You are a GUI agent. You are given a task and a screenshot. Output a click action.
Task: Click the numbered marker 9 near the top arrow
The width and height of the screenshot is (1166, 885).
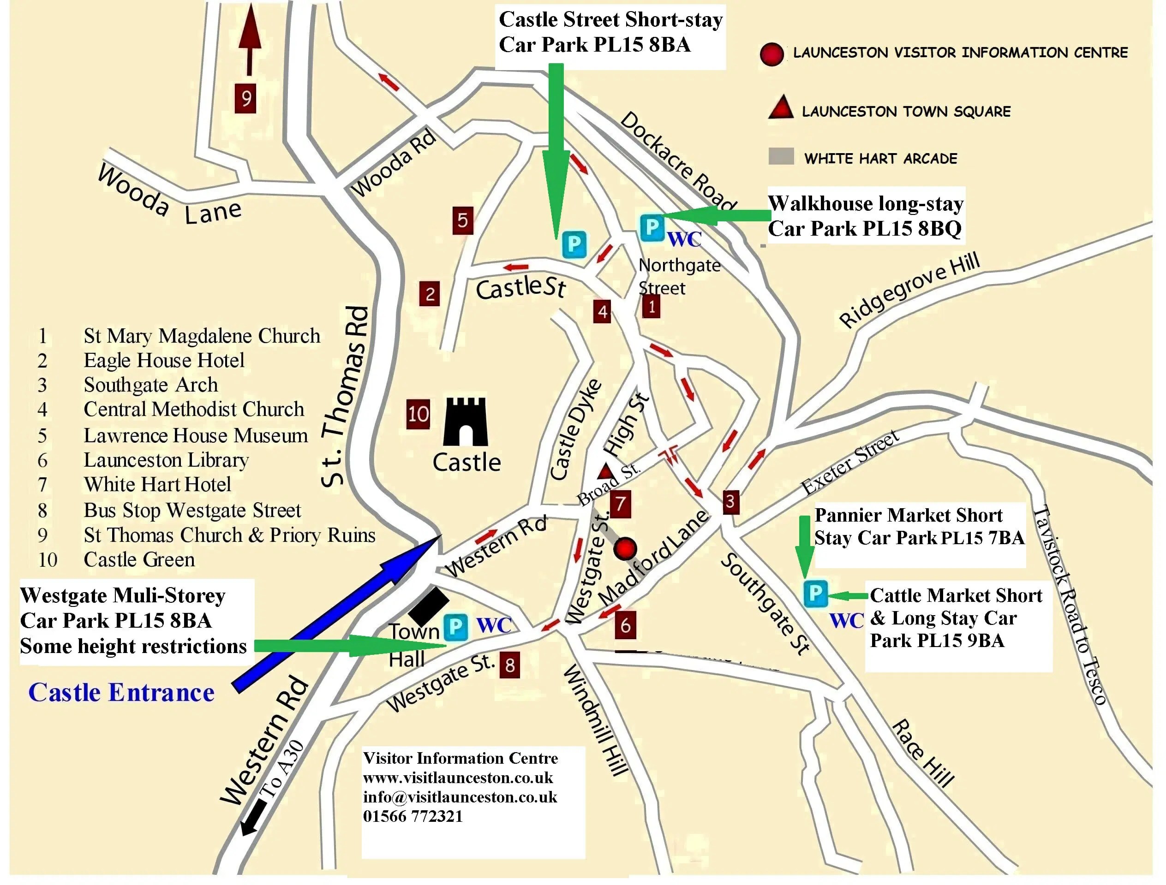coord(245,99)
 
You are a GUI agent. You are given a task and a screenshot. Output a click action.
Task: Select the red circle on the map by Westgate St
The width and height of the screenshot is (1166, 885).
coord(625,548)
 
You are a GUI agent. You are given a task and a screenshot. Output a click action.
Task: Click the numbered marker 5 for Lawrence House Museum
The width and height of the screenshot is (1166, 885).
coord(462,220)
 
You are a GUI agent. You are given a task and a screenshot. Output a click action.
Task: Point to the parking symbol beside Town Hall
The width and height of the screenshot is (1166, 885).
coord(455,627)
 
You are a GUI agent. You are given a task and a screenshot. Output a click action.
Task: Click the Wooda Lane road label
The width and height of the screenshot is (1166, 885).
coord(170,196)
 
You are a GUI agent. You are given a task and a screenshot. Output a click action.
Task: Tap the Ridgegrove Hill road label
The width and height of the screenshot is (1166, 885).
coord(909,290)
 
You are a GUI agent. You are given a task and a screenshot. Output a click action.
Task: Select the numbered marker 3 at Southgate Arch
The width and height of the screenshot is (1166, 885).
coord(730,501)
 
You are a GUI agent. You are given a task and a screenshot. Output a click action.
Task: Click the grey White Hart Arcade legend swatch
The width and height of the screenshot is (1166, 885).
coord(781,156)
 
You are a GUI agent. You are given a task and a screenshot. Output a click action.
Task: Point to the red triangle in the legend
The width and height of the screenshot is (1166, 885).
coord(781,107)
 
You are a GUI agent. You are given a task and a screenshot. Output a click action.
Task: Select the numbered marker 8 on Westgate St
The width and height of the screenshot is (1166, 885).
coord(510,665)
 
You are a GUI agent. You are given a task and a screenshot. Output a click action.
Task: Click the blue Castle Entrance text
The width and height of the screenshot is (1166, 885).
coord(121,693)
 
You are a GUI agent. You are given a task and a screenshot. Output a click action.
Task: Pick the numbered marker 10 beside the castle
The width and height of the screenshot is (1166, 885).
coord(418,414)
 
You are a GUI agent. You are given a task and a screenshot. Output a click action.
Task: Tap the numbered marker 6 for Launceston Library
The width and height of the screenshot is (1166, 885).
coord(625,625)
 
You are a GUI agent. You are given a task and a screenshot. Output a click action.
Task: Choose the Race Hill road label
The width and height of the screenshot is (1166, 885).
coord(923,753)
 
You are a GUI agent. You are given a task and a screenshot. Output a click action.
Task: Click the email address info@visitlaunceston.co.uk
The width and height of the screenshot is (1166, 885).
coord(460,797)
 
